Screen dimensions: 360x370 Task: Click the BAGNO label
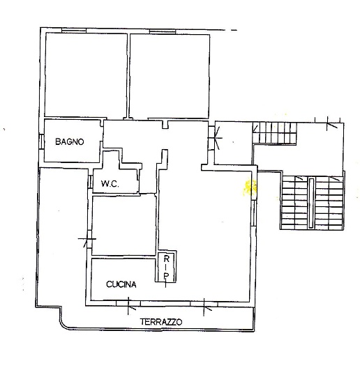[70, 141]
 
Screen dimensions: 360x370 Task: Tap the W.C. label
[110, 183]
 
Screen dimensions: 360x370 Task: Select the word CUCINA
[121, 284]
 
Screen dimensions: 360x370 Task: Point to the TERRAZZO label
[161, 322]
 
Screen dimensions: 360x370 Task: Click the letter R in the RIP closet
[167, 259]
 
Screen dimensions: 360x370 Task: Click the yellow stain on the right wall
[249, 187]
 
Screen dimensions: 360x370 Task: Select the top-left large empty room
[87, 75]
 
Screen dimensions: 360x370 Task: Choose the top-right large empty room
[170, 76]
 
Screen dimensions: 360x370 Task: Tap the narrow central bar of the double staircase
[311, 203]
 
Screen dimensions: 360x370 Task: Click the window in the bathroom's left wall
[42, 141]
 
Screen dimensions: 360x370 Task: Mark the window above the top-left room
[74, 31]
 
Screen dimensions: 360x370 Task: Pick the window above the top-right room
[163, 31]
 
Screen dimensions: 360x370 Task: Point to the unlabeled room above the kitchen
[124, 225]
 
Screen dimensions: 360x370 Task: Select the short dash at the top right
[234, 30]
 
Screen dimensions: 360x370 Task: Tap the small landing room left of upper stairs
[234, 143]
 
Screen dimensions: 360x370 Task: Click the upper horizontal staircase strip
[275, 132]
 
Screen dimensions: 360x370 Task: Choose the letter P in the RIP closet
[167, 276]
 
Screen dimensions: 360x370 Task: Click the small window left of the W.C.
[90, 181]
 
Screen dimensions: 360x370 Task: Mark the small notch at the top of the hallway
[165, 125]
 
